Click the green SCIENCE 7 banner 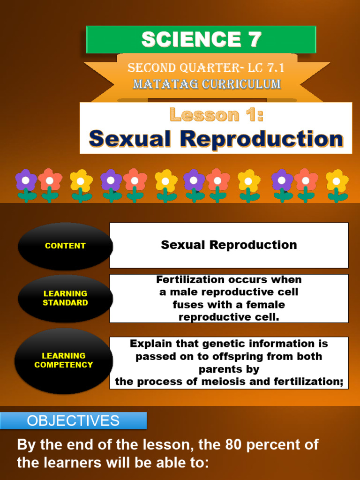tap(201, 39)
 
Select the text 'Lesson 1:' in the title tap(217, 114)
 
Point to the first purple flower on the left tap(26, 185)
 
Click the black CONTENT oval tap(65, 246)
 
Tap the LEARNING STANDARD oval tap(65, 299)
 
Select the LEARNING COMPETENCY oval tap(64, 360)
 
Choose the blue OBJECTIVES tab tap(73, 420)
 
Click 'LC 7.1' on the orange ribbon tap(266, 68)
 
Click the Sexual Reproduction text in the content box tap(229, 245)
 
